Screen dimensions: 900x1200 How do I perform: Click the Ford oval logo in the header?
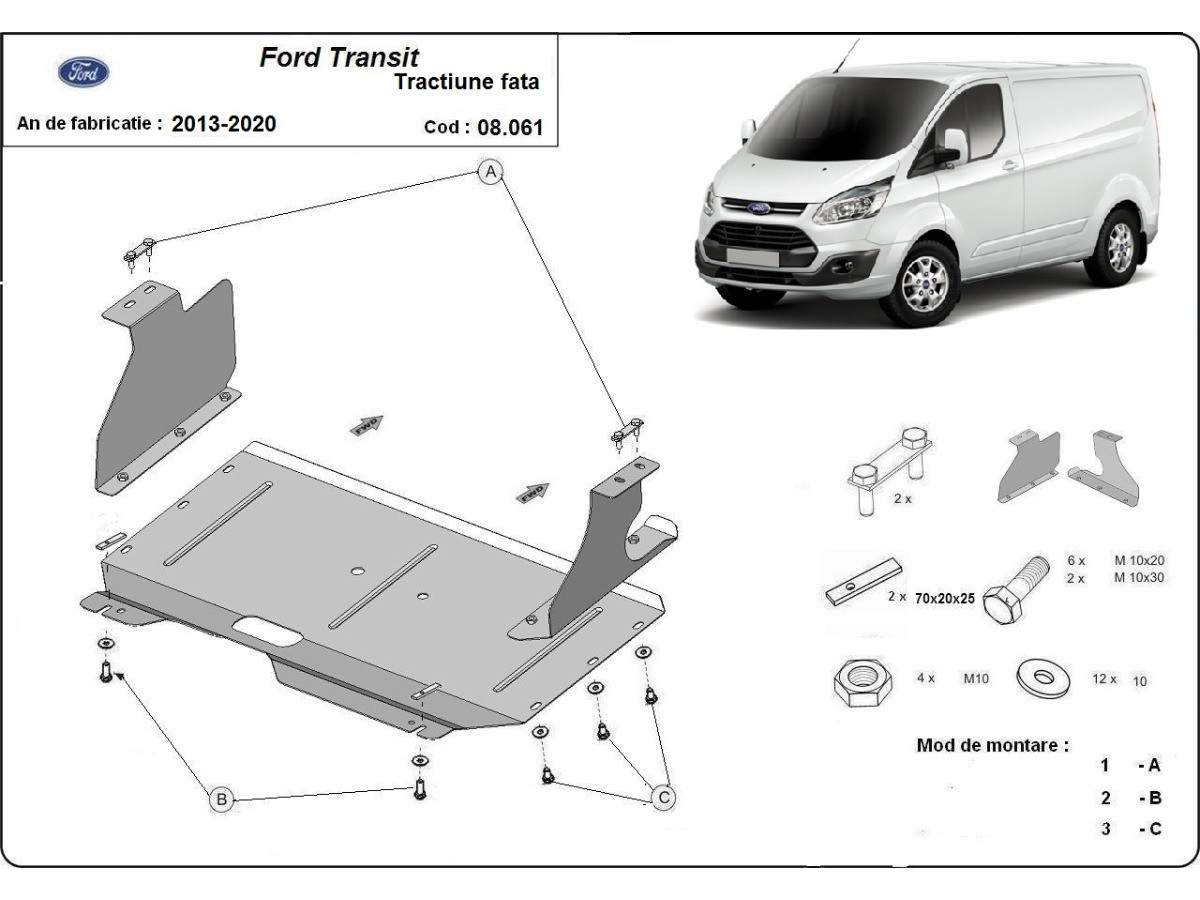pos(85,72)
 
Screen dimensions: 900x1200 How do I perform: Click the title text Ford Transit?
pos(339,57)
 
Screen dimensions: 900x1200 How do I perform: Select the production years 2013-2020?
pos(224,124)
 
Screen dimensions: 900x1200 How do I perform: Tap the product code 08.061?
pos(510,127)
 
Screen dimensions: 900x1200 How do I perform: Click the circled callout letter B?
pos(221,798)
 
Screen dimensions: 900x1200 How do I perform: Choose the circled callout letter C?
pos(663,797)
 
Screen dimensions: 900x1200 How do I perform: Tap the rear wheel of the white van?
pos(1119,246)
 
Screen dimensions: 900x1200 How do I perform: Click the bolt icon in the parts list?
pos(1014,590)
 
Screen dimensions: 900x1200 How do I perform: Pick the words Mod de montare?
pos(992,745)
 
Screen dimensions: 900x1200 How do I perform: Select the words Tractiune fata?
pos(466,82)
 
